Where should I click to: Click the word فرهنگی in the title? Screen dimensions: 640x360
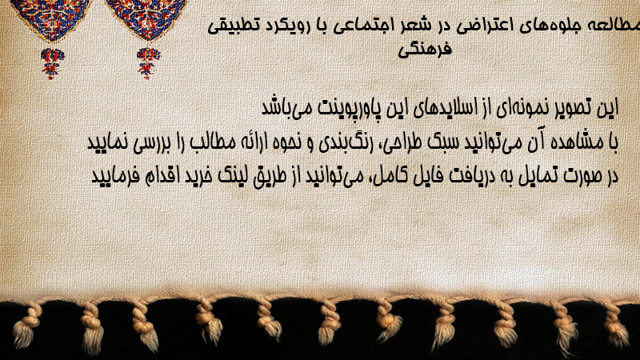point(425,50)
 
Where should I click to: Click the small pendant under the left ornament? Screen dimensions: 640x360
point(52,62)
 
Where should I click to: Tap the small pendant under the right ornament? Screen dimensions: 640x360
point(148,62)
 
